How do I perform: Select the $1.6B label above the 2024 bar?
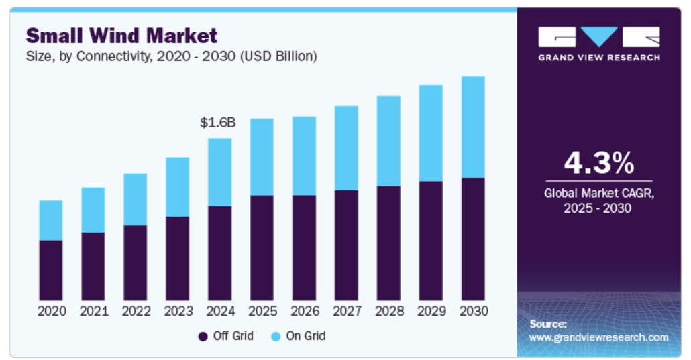pos(218,123)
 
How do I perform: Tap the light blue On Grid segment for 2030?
pos(473,127)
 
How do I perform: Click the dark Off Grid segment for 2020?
pos(51,270)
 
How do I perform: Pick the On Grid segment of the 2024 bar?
pos(219,172)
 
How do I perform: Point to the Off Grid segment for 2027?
pos(346,245)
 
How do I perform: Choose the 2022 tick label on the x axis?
pos(136,312)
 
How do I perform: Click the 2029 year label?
pos(431,312)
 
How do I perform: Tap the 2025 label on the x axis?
pos(262,312)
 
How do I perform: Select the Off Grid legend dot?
pos(202,337)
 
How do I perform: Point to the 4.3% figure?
pos(598,163)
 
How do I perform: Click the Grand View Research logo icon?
pos(598,37)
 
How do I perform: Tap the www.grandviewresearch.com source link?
pos(598,337)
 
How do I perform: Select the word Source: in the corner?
pos(548,324)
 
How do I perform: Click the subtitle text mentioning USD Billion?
pos(171,56)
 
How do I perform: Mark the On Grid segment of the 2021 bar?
pos(93,210)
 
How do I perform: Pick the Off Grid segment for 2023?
pos(177,258)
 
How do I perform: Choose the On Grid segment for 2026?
pos(304,156)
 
